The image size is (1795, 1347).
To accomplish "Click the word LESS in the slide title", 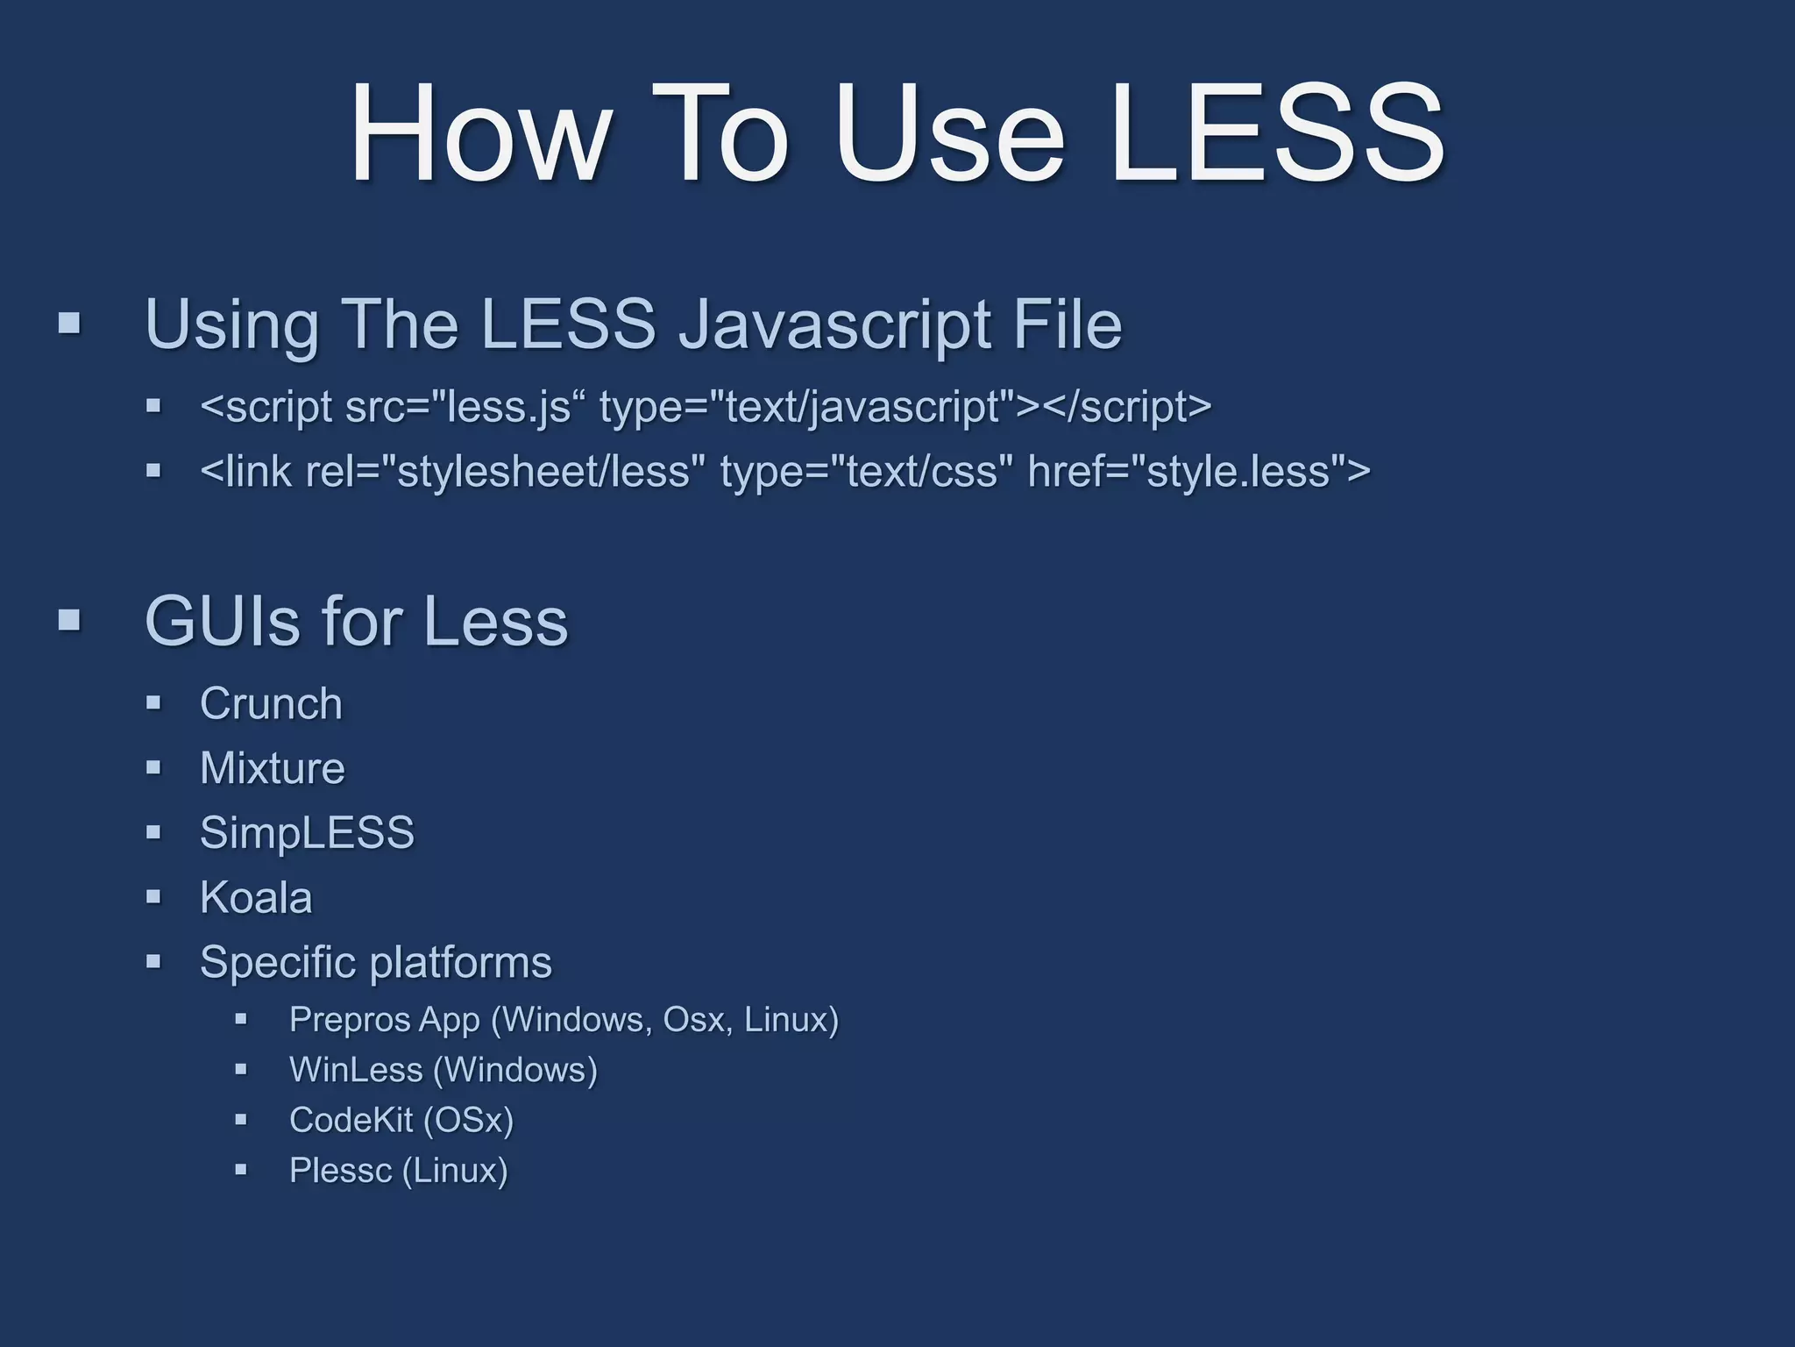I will coord(1277,133).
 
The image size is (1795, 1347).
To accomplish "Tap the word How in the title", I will coord(480,133).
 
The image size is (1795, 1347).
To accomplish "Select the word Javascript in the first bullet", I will coord(833,324).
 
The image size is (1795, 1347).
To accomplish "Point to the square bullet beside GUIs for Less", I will coord(69,621).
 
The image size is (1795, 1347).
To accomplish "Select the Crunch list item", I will coord(271,703).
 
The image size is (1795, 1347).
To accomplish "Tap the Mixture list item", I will coord(272,768).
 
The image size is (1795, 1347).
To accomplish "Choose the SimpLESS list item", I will coord(307,832).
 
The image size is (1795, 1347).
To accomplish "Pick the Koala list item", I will coord(256,897).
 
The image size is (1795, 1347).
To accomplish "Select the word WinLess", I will coord(355,1070).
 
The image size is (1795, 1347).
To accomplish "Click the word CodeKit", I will coord(351,1120).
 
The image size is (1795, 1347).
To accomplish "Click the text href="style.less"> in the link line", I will coord(1198,471).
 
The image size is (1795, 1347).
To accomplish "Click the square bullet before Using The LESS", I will coord(69,324).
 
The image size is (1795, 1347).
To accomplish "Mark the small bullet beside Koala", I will coord(154,897).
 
